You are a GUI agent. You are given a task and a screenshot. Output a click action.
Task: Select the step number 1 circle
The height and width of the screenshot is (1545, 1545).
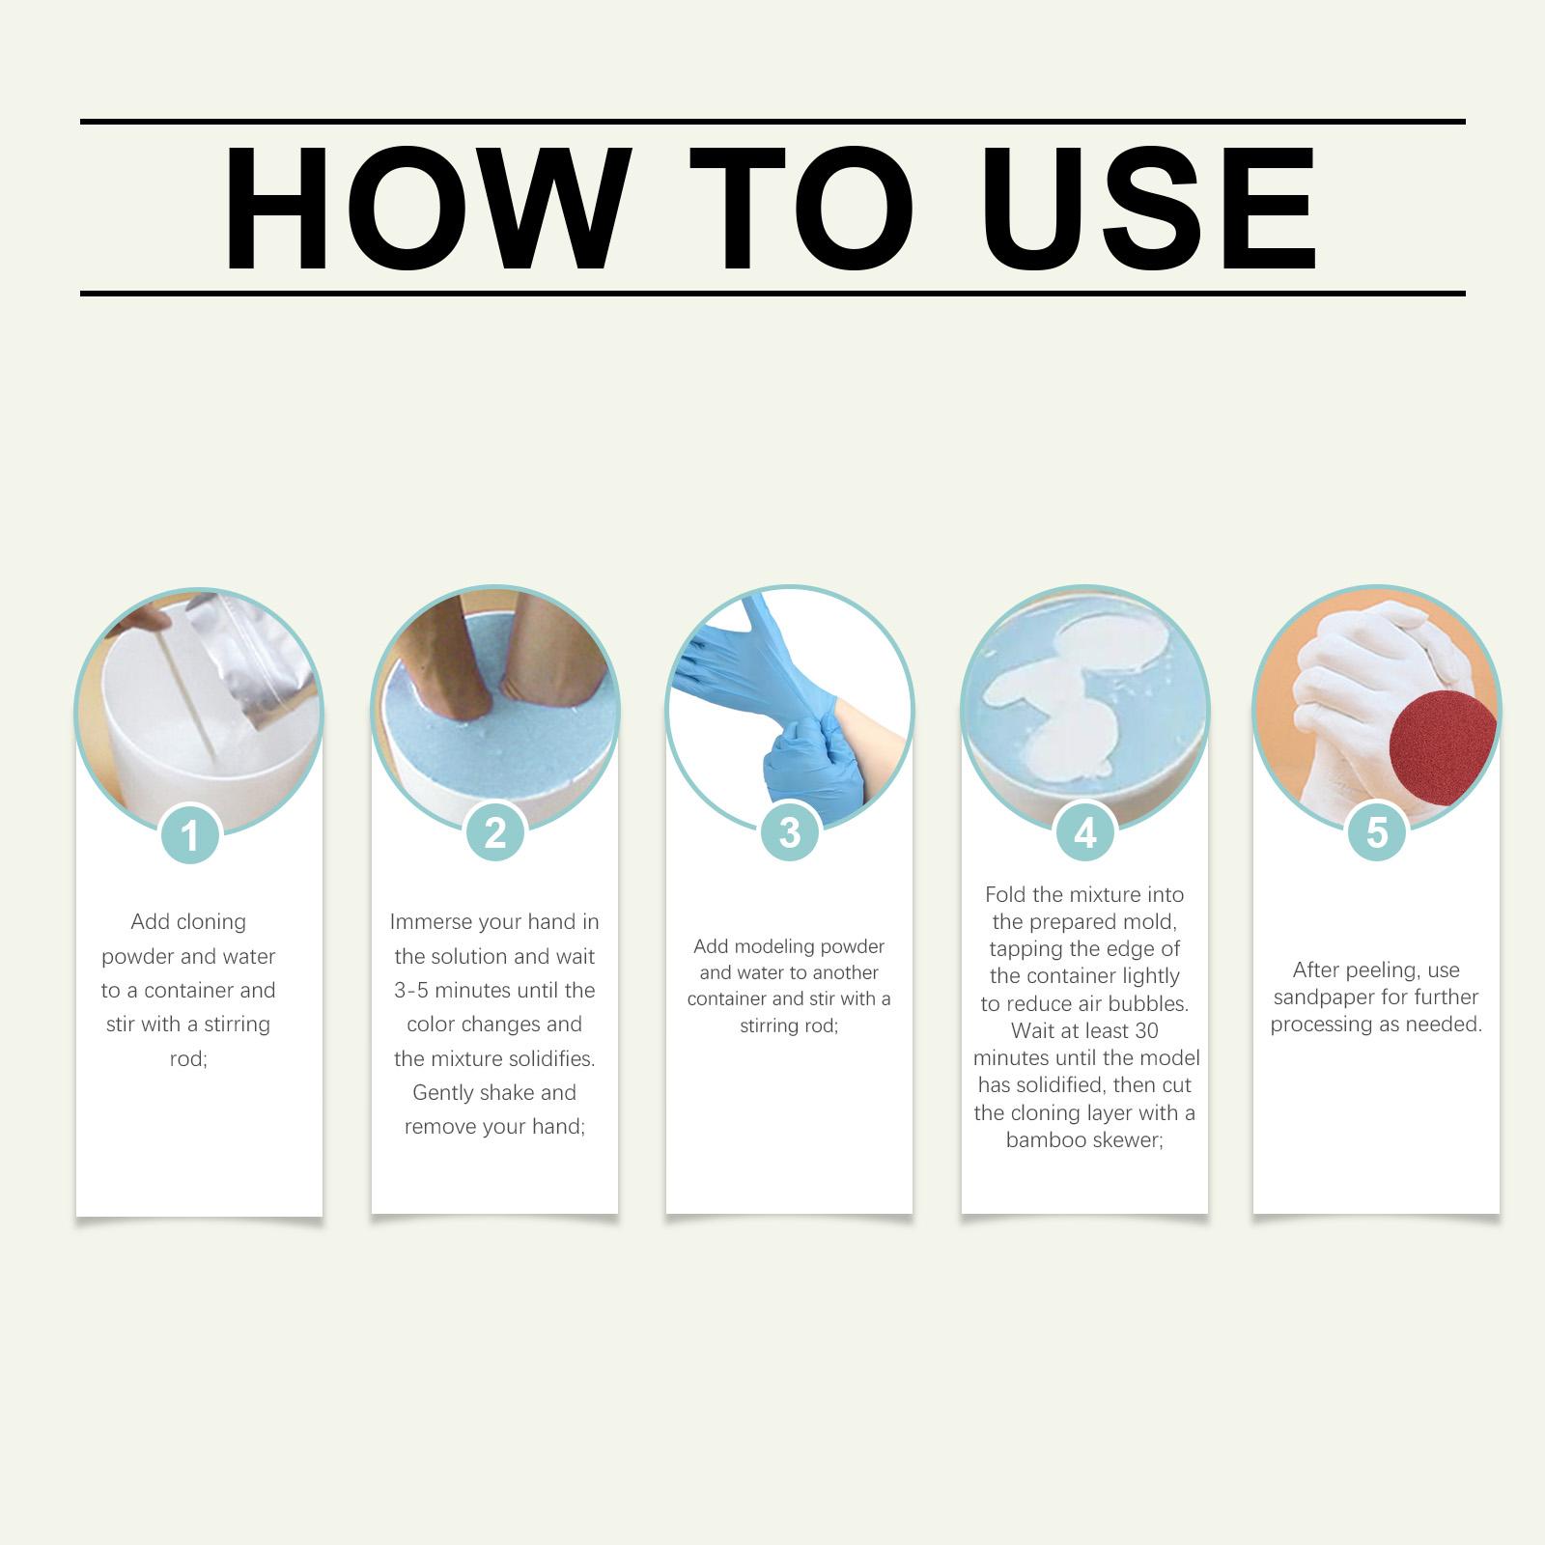tap(190, 834)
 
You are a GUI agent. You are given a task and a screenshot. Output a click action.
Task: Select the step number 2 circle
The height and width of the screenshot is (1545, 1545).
tap(495, 832)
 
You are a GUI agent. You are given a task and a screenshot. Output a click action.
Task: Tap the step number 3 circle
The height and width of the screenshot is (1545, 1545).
tap(790, 832)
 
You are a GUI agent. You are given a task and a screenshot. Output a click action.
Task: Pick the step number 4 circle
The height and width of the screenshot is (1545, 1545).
tap(1085, 832)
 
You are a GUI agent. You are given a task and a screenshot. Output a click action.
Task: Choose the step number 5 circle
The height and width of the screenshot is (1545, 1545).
tap(1377, 832)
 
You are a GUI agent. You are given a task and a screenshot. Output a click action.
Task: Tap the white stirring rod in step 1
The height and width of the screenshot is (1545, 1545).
tap(186, 686)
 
